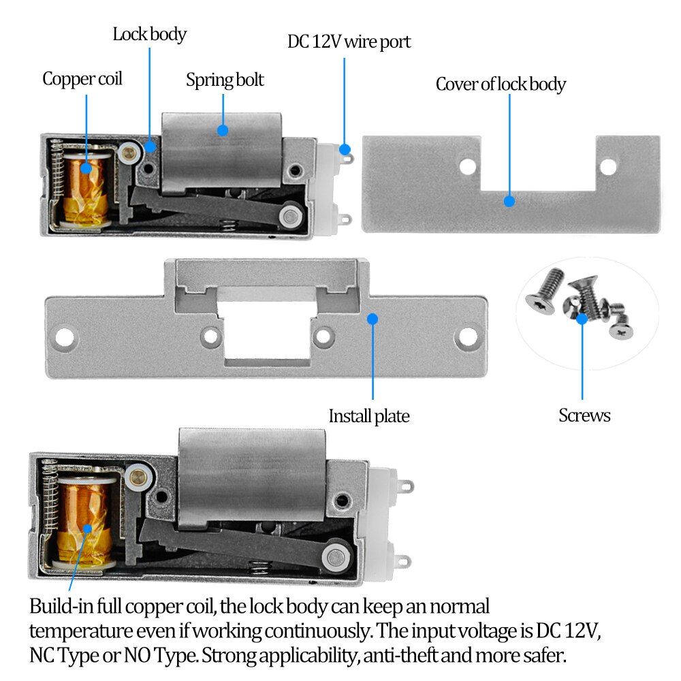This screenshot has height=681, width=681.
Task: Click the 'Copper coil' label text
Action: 82,79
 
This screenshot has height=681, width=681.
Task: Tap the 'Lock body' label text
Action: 149,34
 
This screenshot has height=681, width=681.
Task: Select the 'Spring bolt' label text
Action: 225,80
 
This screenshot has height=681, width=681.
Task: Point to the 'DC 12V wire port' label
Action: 349,42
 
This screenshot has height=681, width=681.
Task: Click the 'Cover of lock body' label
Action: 501,84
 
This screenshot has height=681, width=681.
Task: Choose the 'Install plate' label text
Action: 369,416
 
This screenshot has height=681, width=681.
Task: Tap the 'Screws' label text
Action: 584,415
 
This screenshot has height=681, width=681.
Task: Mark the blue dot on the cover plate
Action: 508,201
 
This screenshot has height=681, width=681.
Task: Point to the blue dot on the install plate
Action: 373,318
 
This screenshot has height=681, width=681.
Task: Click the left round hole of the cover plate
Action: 467,165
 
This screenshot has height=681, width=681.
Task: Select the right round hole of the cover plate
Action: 607,165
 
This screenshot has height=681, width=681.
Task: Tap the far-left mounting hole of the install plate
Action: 66,336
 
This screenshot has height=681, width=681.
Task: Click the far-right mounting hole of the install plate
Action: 467,336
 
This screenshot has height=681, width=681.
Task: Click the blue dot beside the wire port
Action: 345,148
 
